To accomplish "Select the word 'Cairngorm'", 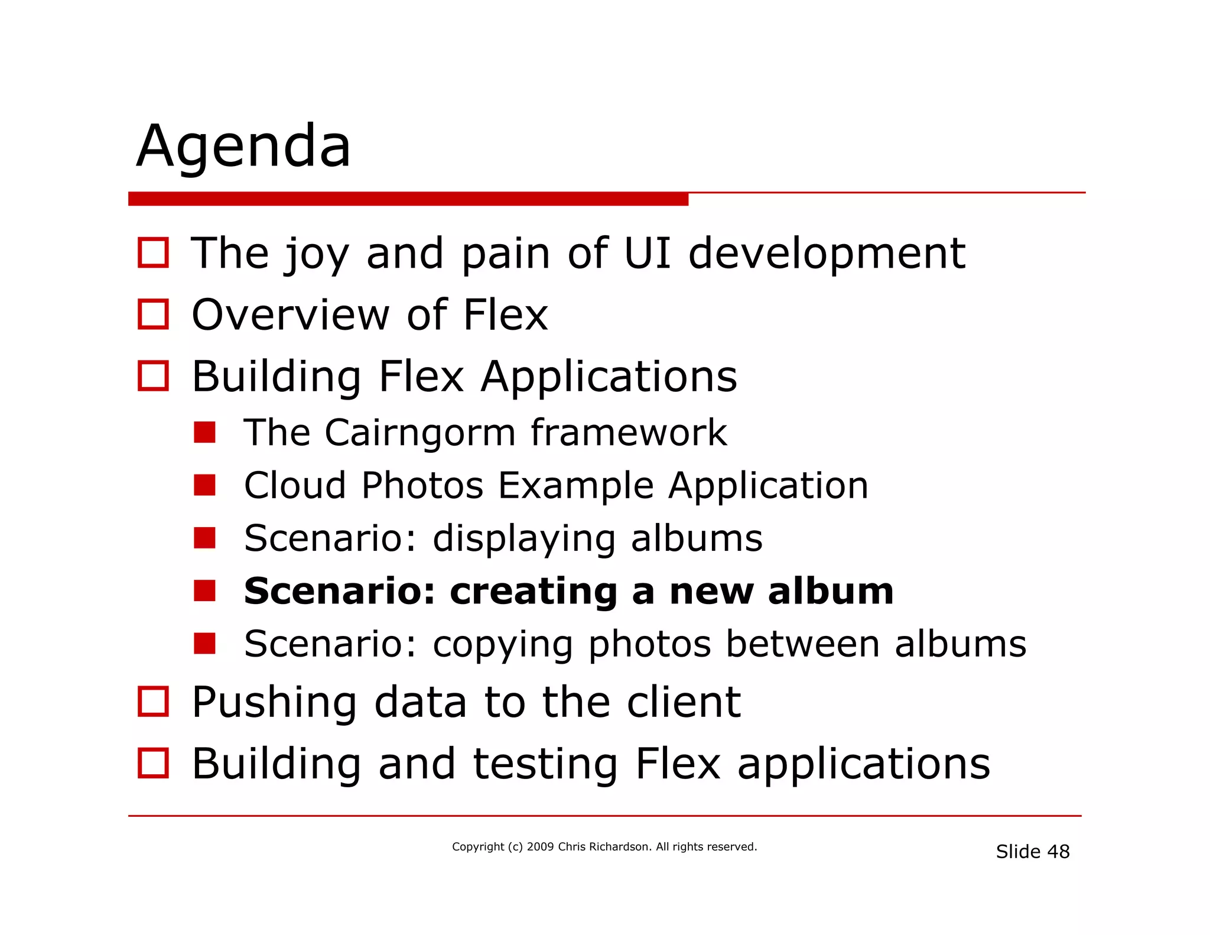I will click(420, 433).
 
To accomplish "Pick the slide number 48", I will click(1058, 852).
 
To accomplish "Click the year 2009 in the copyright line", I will click(540, 847).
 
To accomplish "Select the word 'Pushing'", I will click(274, 703).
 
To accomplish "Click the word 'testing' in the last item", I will click(545, 764).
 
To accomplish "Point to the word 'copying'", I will click(503, 645).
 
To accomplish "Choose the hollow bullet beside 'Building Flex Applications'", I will click(153, 376).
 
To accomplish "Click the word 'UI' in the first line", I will click(647, 253).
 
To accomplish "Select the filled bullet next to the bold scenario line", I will click(204, 590).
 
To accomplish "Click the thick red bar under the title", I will click(408, 199).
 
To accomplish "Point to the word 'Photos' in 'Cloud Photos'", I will click(422, 485).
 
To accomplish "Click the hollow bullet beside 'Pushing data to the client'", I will click(153, 702).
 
